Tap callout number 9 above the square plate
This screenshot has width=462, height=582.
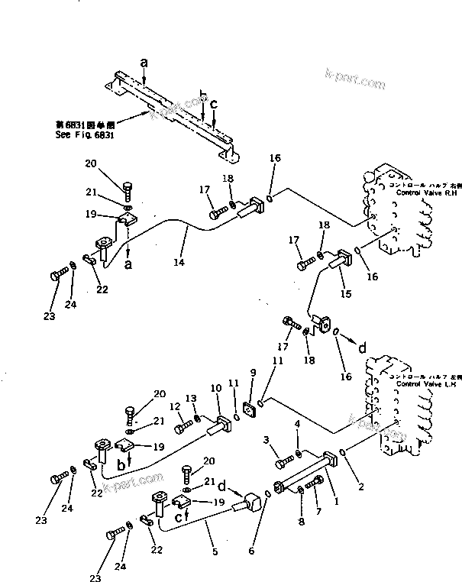tap(253, 373)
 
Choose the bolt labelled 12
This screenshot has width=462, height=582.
tap(184, 419)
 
